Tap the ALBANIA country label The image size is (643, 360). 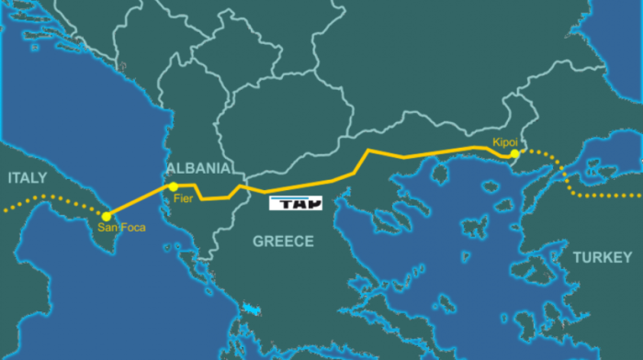click(x=197, y=169)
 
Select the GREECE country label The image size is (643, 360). click(x=284, y=242)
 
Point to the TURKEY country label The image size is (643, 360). click(x=603, y=258)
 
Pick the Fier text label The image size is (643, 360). click(x=184, y=198)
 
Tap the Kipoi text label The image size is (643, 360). click(x=506, y=143)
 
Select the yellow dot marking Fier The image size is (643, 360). click(x=174, y=187)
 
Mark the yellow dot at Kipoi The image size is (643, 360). click(x=515, y=154)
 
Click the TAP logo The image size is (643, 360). click(x=296, y=204)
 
